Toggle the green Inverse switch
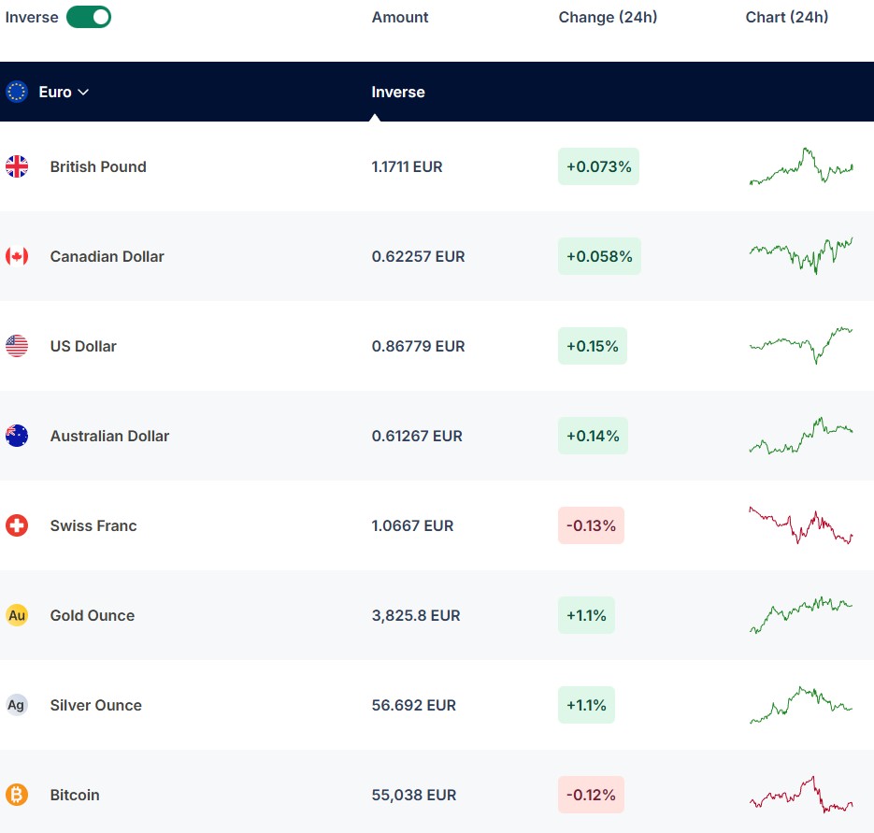(89, 17)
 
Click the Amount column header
(400, 17)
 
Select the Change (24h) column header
(608, 17)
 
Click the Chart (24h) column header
(786, 17)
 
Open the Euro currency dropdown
(63, 92)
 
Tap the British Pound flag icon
(17, 166)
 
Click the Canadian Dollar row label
(107, 256)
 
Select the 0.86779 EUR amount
(418, 346)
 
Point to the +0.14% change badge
(593, 436)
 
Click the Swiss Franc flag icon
(17, 525)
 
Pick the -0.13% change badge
(591, 525)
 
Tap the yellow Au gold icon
(17, 615)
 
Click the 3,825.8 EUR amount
(416, 615)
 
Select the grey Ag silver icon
(17, 705)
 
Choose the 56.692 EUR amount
(413, 705)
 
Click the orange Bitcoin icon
(17, 795)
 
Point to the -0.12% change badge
(591, 795)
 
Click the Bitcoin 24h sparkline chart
(801, 795)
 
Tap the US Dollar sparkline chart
(801, 346)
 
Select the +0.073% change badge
(598, 166)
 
